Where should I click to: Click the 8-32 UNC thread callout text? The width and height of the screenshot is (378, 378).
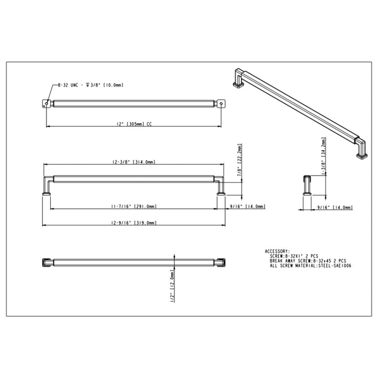91,85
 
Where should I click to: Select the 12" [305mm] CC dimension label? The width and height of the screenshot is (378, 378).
134,124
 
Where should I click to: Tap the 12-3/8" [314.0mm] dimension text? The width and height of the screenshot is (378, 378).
134,162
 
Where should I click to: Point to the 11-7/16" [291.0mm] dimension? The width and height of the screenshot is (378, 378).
134,206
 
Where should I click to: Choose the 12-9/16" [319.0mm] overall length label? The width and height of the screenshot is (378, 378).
134,222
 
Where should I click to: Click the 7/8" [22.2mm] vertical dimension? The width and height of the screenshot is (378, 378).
240,160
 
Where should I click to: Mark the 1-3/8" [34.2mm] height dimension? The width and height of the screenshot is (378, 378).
323,157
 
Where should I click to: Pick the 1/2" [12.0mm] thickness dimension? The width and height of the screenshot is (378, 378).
172,286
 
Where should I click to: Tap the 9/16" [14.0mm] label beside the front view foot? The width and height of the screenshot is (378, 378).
248,206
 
